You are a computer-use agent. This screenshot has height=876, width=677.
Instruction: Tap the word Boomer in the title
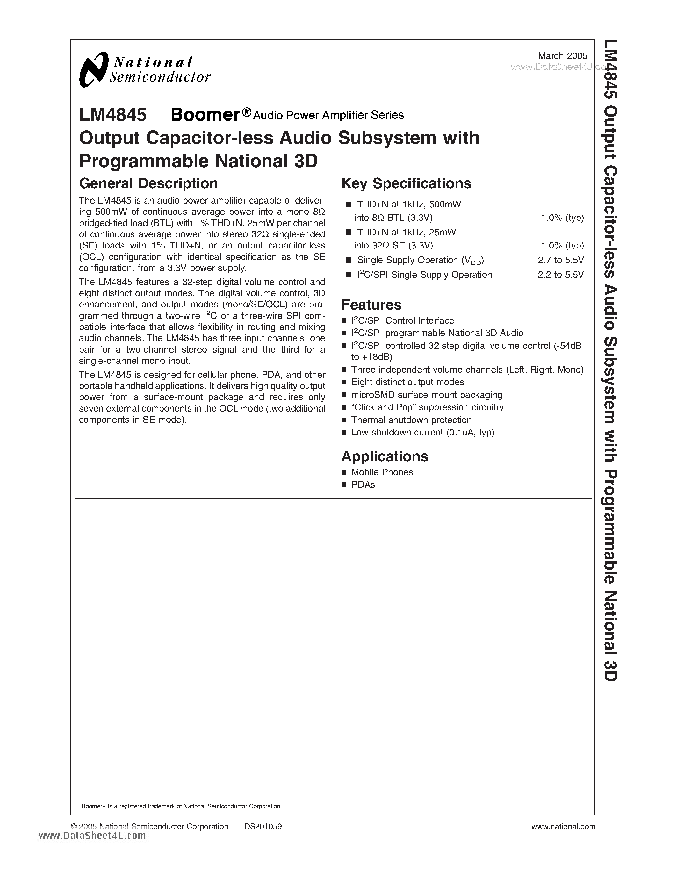click(x=205, y=115)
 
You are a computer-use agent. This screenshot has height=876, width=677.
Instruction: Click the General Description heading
click(x=148, y=183)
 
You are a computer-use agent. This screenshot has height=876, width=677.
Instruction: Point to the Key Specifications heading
click(x=406, y=183)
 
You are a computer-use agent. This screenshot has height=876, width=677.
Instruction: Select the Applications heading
click(x=385, y=456)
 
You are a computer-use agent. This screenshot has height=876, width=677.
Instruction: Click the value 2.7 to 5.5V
click(x=561, y=260)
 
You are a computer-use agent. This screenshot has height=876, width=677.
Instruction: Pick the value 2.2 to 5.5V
click(x=561, y=275)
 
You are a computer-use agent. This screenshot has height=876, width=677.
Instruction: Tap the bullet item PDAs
click(x=363, y=485)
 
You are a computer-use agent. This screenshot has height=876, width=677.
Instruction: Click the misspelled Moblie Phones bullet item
click(x=382, y=472)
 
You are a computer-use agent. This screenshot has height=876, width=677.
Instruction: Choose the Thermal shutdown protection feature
click(x=411, y=420)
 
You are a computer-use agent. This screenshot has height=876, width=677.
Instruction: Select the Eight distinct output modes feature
click(x=407, y=382)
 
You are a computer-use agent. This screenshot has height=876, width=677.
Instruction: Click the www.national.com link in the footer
click(x=563, y=826)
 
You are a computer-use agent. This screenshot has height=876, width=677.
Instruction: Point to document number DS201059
click(x=263, y=826)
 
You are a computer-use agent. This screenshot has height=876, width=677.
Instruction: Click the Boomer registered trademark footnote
click(x=182, y=806)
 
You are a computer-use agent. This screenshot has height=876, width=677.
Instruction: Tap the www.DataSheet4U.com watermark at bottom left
click(x=93, y=836)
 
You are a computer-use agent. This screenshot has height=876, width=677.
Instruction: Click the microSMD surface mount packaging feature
click(x=427, y=395)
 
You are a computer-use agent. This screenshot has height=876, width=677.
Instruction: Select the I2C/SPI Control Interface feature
click(x=403, y=320)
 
